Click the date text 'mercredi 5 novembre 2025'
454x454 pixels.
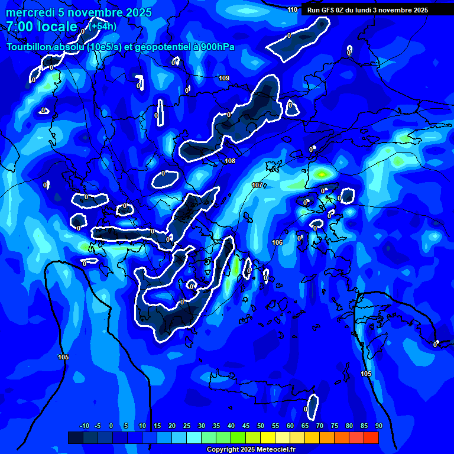pyautogui.click(x=79, y=12)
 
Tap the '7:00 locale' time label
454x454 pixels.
pyautogui.click(x=41, y=27)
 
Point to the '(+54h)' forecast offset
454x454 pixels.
pyautogui.click(x=103, y=26)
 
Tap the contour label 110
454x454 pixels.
pyautogui.click(x=293, y=9)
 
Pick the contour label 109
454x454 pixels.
pyautogui.click(x=224, y=78)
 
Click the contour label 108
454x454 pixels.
pyautogui.click(x=230, y=161)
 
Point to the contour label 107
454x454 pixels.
pyautogui.click(x=257, y=185)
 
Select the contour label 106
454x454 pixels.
pyautogui.click(x=277, y=242)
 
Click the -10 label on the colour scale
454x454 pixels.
pyautogui.click(x=84, y=426)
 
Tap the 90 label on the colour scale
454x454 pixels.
pyautogui.click(x=378, y=426)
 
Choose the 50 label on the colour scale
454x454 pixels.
pyautogui.click(x=261, y=426)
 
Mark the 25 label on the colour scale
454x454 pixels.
pyautogui.click(x=187, y=426)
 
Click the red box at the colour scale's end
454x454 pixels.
pyautogui.click(x=371, y=437)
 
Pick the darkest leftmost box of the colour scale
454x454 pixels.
pyautogui.click(x=75, y=437)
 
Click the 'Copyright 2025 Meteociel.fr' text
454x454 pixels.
pyautogui.click(x=251, y=449)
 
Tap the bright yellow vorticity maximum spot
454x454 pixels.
pyautogui.click(x=322, y=174)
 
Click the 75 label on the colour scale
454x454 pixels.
pyautogui.click(x=335, y=426)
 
